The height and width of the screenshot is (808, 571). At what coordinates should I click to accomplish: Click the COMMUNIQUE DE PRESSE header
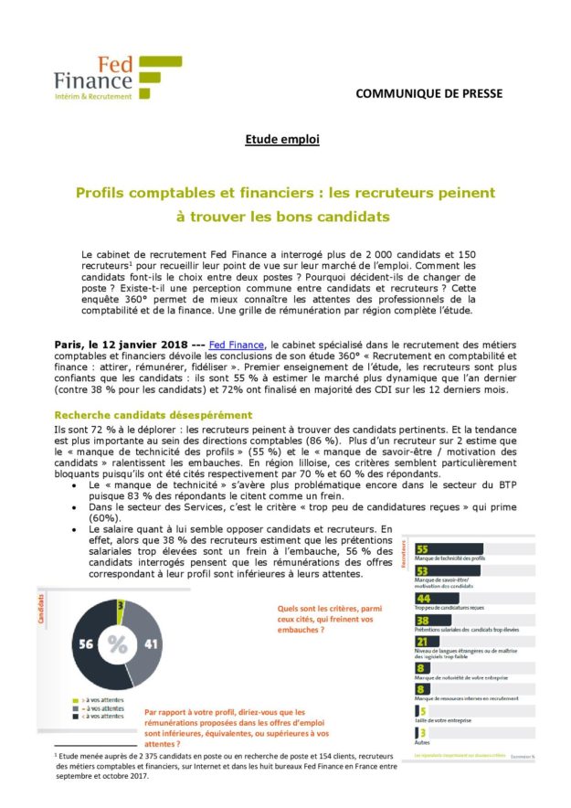click(428, 93)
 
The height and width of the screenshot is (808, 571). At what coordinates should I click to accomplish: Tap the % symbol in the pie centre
click(118, 644)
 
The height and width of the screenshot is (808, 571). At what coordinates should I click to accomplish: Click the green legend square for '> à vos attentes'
click(73, 699)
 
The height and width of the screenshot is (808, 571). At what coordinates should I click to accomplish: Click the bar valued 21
click(421, 643)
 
